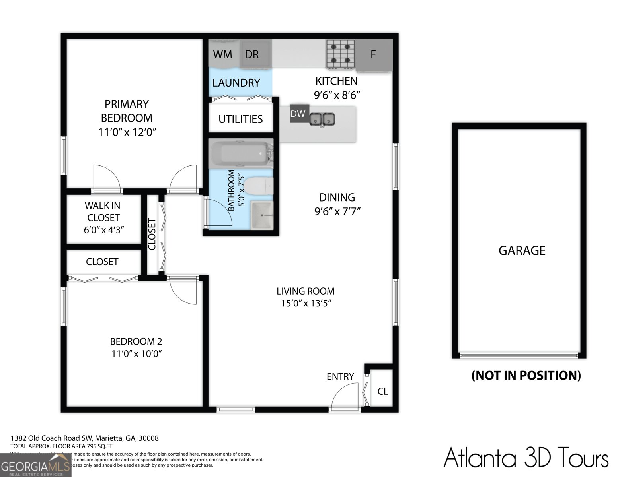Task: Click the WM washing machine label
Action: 222,54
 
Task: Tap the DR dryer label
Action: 252,54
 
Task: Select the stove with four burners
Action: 340,53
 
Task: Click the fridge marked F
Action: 373,54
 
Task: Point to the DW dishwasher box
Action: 298,114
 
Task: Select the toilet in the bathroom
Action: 258,186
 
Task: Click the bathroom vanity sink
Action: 261,215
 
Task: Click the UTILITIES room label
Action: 240,119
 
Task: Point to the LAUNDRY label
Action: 236,83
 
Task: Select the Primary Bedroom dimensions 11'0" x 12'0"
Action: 127,132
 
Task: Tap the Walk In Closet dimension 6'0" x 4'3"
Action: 104,230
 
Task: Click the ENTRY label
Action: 340,376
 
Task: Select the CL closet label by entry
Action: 382,392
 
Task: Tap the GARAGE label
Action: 522,250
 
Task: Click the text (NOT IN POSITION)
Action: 526,375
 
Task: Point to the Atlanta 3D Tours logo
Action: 526,457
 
